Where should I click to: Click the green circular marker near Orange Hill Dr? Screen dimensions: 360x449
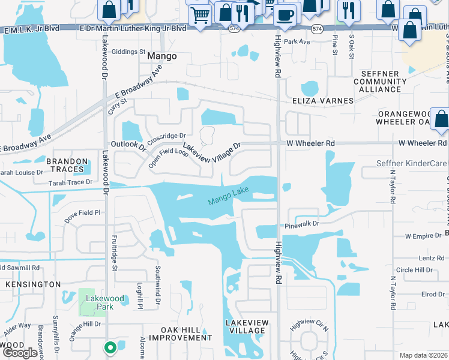(110, 347)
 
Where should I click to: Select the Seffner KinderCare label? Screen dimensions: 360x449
(412, 163)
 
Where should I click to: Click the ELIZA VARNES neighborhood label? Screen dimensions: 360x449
(322, 101)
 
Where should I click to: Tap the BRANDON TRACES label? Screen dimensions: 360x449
(67, 166)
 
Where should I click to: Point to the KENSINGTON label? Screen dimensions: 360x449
(33, 284)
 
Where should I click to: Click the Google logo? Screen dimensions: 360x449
(20, 352)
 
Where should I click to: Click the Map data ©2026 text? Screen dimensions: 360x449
(423, 355)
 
